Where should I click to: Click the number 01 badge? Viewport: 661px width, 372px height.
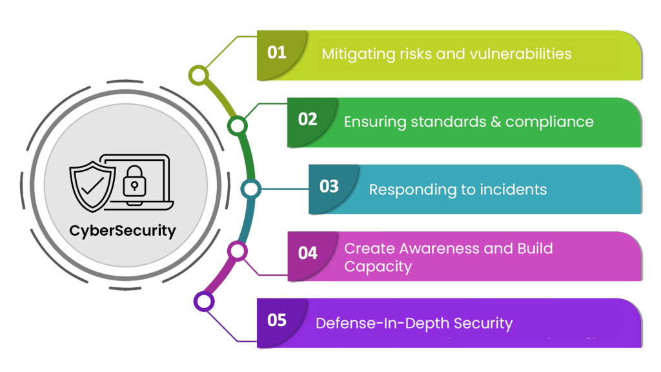pyautogui.click(x=277, y=52)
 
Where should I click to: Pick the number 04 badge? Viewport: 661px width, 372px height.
pyautogui.click(x=308, y=253)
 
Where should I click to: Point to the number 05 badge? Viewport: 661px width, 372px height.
pyautogui.click(x=277, y=320)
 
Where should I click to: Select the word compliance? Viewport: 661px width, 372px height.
pyautogui.click(x=549, y=121)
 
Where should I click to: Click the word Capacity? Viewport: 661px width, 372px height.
pyautogui.click(x=378, y=266)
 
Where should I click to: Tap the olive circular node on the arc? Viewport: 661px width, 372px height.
pyautogui.click(x=199, y=75)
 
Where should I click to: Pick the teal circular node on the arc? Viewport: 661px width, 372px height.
pyautogui.click(x=250, y=189)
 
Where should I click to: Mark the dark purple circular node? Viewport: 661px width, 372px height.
pyautogui.click(x=204, y=301)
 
